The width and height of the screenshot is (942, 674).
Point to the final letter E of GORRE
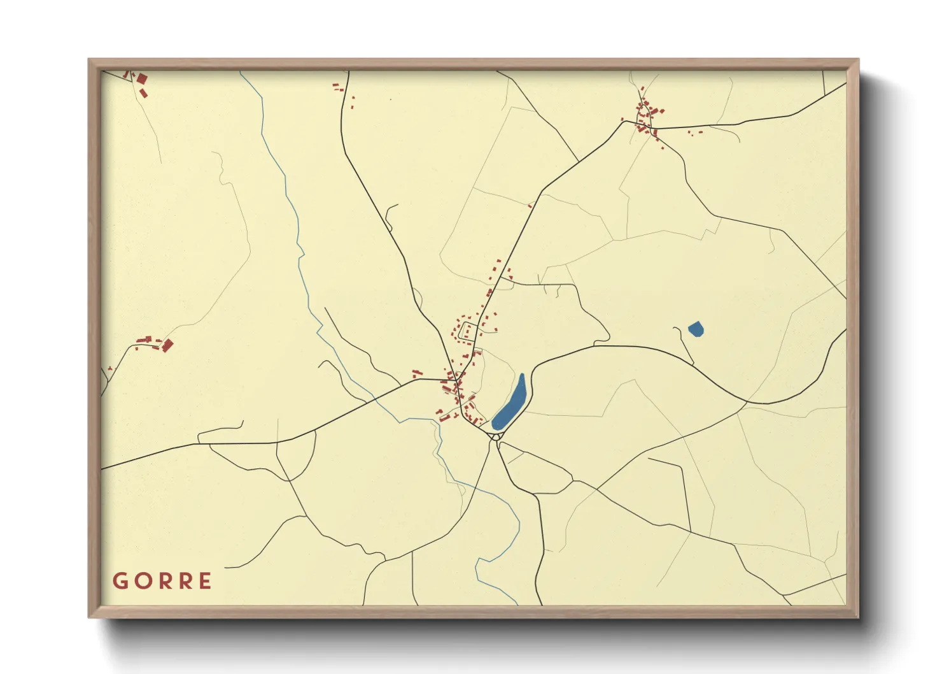pos(205,581)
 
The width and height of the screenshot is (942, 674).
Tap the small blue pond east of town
pos(696,329)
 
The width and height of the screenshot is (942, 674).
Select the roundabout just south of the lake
pos(496,437)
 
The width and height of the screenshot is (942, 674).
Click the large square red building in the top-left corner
pos(142,79)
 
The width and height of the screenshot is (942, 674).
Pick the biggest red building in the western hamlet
pos(168,345)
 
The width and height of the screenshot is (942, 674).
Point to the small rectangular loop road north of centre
pos(470,331)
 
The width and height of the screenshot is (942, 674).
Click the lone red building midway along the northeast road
pos(530,205)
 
